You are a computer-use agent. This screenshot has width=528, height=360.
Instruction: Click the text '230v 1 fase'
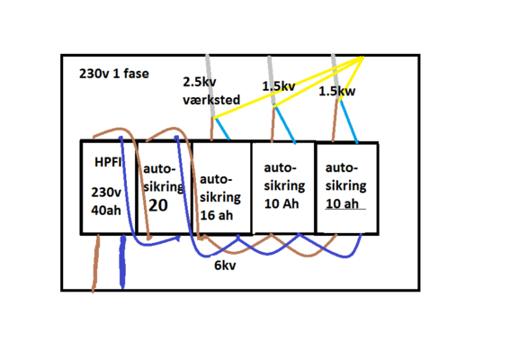click(x=114, y=74)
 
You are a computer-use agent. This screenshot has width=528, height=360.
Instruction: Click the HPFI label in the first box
click(x=108, y=162)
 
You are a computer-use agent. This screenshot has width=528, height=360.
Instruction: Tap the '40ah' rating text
click(x=106, y=211)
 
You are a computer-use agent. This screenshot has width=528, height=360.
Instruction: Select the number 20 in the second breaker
click(x=158, y=205)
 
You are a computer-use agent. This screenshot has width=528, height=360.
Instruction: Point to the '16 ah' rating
click(x=216, y=215)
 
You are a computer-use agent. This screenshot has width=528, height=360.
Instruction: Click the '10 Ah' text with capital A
click(x=282, y=203)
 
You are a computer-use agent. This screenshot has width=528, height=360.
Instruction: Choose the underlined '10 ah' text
click(x=342, y=203)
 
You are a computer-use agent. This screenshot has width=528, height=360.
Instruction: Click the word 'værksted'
click(x=211, y=100)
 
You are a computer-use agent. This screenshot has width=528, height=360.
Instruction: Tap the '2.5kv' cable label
click(x=200, y=82)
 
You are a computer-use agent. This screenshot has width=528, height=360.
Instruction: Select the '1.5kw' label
click(x=336, y=91)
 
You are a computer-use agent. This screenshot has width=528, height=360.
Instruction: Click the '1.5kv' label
click(x=279, y=86)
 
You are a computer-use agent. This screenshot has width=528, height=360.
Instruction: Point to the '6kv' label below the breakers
click(x=225, y=265)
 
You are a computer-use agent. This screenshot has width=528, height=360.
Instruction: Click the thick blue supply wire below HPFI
click(x=122, y=262)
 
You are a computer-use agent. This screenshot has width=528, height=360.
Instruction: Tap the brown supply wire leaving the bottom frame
click(x=96, y=264)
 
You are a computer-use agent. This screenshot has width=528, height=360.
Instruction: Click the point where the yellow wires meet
click(x=363, y=58)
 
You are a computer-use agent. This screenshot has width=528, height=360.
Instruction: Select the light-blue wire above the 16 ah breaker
click(x=222, y=129)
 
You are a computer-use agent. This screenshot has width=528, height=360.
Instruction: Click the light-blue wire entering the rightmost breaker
click(x=348, y=121)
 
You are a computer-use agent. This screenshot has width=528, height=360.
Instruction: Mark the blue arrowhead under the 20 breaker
click(x=177, y=238)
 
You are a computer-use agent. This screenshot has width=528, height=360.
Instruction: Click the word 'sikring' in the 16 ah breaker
click(x=220, y=197)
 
